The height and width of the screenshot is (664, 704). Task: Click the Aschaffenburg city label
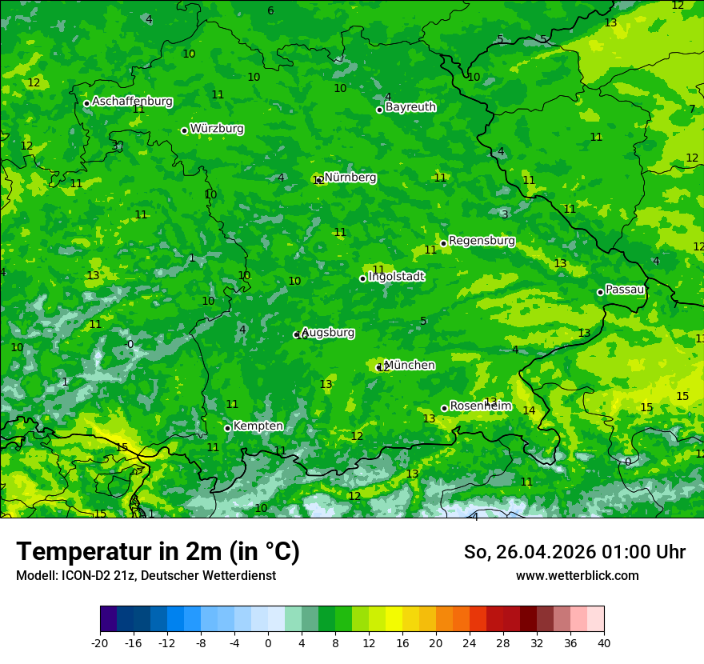coord(132,102)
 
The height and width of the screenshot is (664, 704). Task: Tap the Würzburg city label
coord(217,129)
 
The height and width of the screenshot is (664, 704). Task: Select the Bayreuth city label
coord(410,107)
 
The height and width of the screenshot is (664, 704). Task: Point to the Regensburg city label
coord(482,241)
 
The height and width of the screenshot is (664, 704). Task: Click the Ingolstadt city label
coord(396,277)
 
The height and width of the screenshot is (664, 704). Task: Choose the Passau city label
coord(625,290)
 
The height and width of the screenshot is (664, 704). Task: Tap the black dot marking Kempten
coord(227,428)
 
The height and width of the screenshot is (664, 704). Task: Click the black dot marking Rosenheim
coord(444,408)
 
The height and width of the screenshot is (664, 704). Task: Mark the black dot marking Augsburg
coord(296,334)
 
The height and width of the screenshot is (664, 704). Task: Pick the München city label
coord(410,366)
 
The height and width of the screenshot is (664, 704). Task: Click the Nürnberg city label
coord(350,178)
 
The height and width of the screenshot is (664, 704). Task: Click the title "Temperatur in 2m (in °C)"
coord(158,552)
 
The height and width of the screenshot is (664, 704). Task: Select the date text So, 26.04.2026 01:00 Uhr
coord(574,552)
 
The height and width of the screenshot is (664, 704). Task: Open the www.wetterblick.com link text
coord(577,576)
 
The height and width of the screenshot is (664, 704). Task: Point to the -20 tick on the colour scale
coord(100,642)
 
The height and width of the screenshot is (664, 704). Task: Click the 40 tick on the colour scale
coord(604,642)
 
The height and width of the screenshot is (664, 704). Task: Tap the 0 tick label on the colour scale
coord(268,642)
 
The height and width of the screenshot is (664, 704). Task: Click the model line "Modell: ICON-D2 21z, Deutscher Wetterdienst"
coord(146,576)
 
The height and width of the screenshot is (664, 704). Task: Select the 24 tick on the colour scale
coord(470,642)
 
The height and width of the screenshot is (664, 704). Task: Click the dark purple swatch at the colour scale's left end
coord(108,619)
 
